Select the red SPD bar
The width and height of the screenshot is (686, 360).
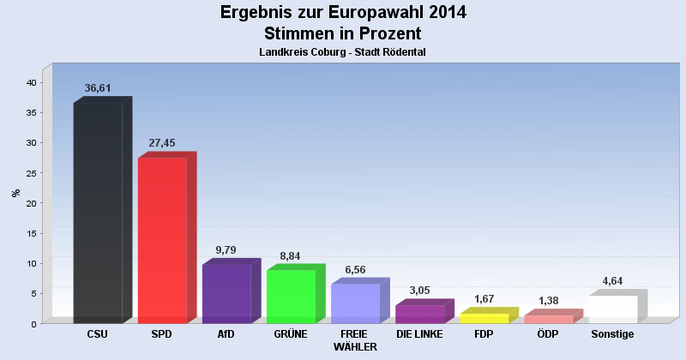[x=162, y=240]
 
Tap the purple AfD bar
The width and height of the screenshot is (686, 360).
[x=226, y=293]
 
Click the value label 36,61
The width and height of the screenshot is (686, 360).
[x=98, y=88]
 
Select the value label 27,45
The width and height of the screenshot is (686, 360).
[x=162, y=143]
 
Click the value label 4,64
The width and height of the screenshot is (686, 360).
[x=612, y=281]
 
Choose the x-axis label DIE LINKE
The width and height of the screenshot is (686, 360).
[x=419, y=334]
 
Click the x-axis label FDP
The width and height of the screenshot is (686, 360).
[x=484, y=334]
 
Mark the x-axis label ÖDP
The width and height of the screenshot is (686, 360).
[x=549, y=334]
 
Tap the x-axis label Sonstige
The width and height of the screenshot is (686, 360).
[x=612, y=334]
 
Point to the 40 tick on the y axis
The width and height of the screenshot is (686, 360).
[x=30, y=82]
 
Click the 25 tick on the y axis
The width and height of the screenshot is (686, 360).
[x=30, y=173]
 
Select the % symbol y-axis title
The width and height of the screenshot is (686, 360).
[x=15, y=193]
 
